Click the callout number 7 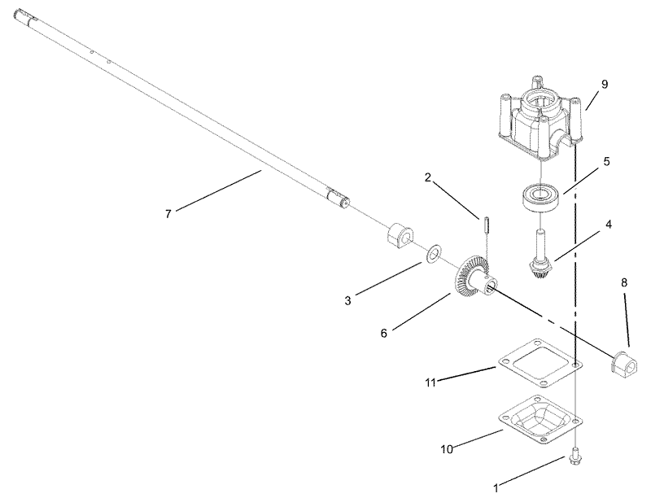coord(168,213)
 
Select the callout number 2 coord(428,177)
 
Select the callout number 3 coord(347,300)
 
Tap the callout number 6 coord(383,332)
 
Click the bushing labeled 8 coord(623,360)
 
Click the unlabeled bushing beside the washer coord(399,234)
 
